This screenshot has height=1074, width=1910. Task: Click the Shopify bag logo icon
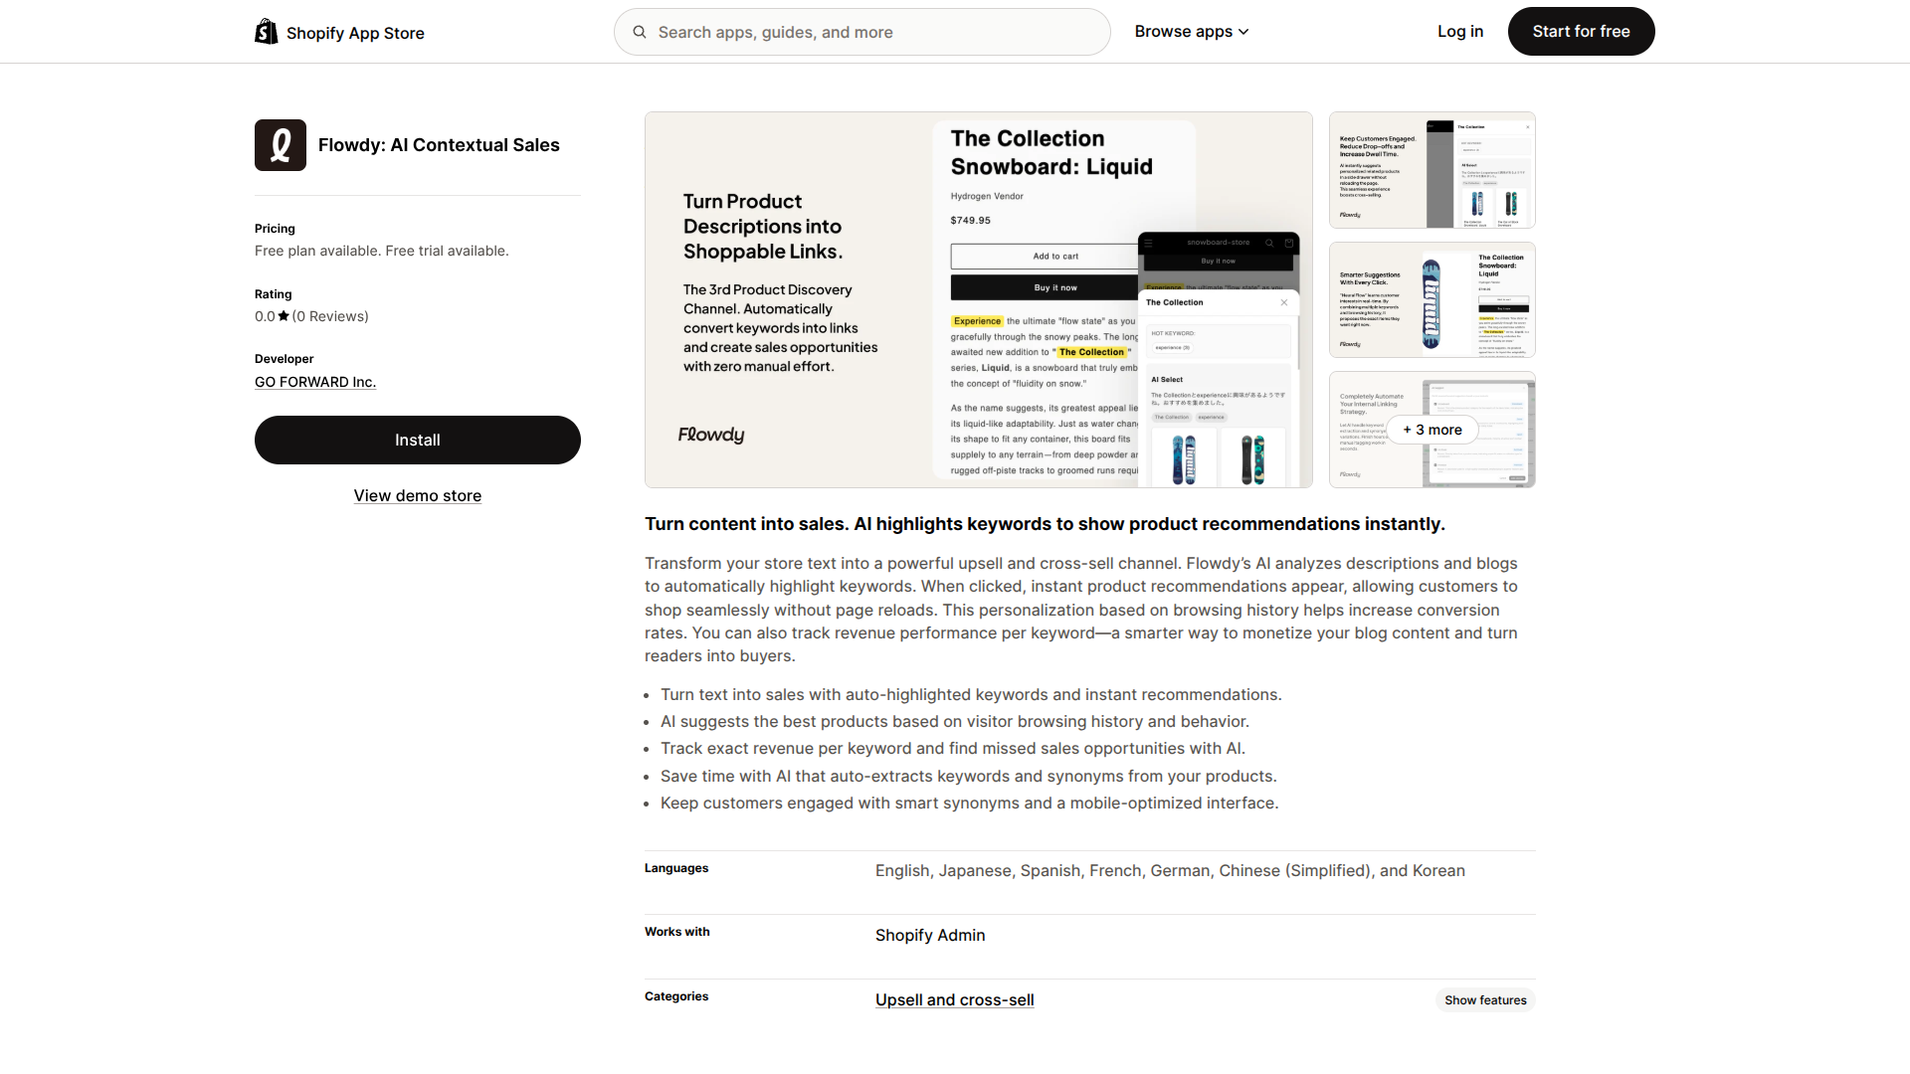[266, 32]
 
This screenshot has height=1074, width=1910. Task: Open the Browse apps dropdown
[1191, 32]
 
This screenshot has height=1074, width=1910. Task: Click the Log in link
[1459, 32]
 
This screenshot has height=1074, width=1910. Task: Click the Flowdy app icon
[281, 145]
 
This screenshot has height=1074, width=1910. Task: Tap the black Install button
[418, 440]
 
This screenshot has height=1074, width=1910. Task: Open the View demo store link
[418, 495]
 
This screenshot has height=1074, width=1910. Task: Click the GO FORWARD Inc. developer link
[315, 382]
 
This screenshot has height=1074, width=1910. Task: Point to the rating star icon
[284, 316]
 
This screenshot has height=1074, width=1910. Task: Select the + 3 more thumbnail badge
[1432, 430]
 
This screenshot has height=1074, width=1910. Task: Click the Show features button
[1485, 1000]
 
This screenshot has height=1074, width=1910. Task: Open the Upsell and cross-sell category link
[955, 999]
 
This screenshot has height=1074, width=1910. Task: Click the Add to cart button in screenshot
[1054, 257]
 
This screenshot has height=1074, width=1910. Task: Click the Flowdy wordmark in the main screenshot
[711, 435]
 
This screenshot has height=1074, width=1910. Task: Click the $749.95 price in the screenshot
[970, 221]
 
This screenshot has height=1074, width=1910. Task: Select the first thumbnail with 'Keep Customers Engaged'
[1432, 170]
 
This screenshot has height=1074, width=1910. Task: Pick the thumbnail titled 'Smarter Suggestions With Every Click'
[1432, 299]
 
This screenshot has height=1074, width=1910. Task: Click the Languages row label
[676, 868]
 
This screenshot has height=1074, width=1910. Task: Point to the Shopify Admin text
[930, 935]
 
